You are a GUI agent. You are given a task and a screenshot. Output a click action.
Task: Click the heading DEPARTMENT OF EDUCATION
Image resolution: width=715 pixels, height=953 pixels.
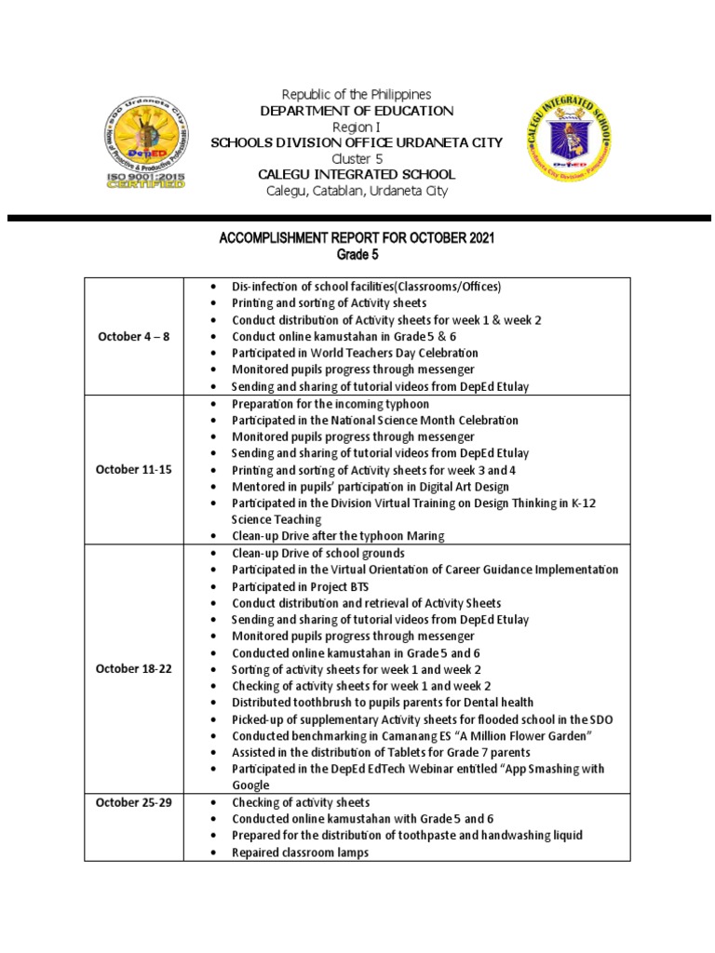(x=357, y=111)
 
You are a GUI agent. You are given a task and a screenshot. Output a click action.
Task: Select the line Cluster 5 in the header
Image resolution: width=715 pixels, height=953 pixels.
(x=357, y=158)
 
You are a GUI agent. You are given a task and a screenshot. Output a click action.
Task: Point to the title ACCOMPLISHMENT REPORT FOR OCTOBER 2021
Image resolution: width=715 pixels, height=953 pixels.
(x=357, y=238)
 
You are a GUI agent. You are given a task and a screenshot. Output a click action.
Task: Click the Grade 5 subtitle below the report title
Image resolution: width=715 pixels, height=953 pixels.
(x=357, y=255)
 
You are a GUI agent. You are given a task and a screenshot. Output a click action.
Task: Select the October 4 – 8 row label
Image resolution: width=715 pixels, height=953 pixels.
(x=133, y=336)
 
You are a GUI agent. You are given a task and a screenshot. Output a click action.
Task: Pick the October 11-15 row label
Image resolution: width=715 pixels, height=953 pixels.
(x=133, y=469)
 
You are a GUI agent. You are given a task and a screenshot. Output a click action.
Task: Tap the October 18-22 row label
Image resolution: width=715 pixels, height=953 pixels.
(x=133, y=669)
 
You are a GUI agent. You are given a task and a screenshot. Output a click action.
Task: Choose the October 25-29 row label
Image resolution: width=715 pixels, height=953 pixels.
(x=133, y=802)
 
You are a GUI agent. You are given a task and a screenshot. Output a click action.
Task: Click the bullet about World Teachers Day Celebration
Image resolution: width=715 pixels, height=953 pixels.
(x=355, y=353)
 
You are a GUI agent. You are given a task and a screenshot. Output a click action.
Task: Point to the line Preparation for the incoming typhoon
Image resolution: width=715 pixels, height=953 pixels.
(x=331, y=403)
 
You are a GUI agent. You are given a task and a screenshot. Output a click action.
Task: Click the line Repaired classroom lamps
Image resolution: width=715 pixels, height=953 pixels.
(x=300, y=852)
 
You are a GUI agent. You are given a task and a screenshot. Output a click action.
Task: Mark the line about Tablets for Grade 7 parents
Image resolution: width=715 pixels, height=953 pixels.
(x=381, y=752)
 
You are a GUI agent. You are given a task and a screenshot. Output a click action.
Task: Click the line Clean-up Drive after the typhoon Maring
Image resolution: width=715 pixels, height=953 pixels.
(x=338, y=536)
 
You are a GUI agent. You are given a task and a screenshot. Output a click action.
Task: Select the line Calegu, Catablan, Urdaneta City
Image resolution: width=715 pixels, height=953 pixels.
(x=357, y=191)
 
